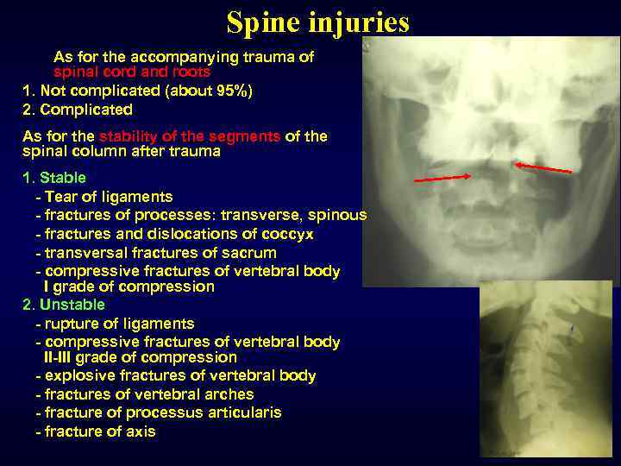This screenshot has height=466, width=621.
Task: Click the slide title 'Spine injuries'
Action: [317, 22]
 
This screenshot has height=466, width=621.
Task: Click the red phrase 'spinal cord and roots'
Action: [132, 72]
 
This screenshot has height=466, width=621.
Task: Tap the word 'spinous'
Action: [338, 215]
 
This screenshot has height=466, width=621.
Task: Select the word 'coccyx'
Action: [285, 234]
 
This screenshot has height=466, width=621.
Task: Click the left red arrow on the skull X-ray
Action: [442, 178]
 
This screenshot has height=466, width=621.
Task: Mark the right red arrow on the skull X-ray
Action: [543, 167]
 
